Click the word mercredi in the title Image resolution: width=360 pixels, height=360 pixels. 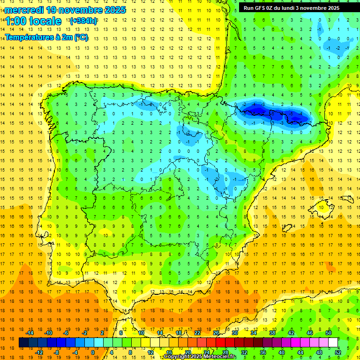pyautogui.click(x=23, y=10)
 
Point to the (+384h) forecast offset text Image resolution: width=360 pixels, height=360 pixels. pyautogui.click(x=83, y=21)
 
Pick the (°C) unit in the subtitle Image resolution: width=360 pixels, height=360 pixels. pyautogui.click(x=80, y=37)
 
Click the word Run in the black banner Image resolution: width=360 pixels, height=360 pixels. pyautogui.click(x=248, y=8)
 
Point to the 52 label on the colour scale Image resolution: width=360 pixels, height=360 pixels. pyautogui.click(x=338, y=352)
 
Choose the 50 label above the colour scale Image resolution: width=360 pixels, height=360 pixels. pyautogui.click(x=329, y=333)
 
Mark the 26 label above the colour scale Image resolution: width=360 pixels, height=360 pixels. pyautogui.click(x=216, y=333)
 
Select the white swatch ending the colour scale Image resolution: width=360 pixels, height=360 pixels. pyautogui.click(x=333, y=343)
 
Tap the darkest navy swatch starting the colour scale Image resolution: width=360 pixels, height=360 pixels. pyautogui.click(x=23, y=343)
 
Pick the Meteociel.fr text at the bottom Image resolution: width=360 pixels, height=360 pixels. pyautogui.click(x=221, y=357)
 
